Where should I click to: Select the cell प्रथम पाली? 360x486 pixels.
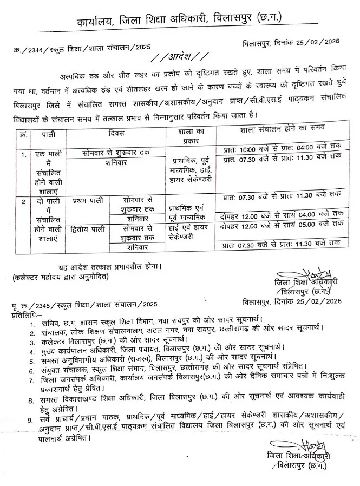click(x=84, y=200)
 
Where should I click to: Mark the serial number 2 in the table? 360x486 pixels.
click(x=23, y=201)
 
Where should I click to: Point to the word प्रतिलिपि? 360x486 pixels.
click(x=24, y=314)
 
